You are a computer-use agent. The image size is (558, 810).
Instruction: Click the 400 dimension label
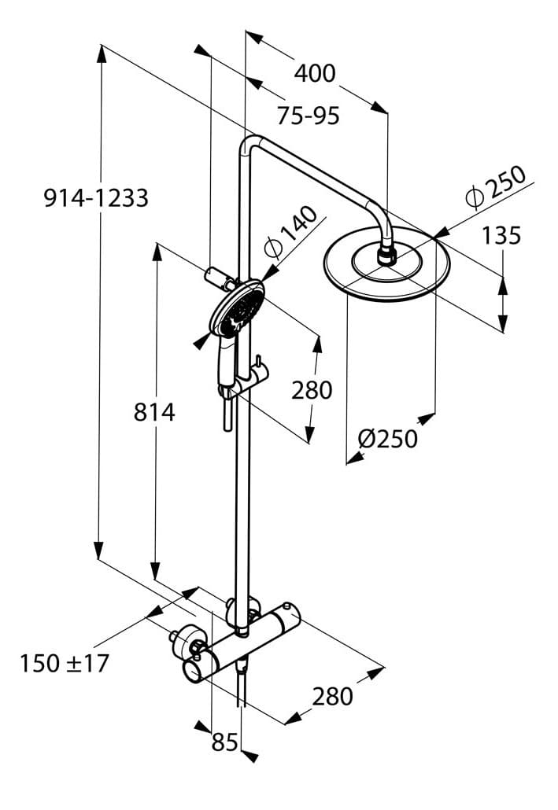[x=315, y=73]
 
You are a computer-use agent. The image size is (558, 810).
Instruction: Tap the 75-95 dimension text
[x=308, y=116]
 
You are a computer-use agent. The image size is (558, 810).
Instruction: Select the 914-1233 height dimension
[x=95, y=197]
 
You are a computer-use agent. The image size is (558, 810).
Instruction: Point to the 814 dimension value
[x=153, y=411]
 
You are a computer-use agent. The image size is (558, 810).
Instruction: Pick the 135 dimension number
[x=501, y=234]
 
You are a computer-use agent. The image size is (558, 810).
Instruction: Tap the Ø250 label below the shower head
[x=387, y=438]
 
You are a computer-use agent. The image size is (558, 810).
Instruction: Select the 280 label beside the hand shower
[x=312, y=389]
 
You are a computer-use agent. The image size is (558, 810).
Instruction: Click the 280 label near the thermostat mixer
[x=333, y=695]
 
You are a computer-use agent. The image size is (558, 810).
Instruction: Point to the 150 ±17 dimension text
[x=65, y=663]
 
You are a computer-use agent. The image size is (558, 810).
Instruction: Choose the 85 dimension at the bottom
[x=225, y=741]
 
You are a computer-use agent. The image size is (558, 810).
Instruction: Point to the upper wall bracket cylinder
[x=216, y=278]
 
